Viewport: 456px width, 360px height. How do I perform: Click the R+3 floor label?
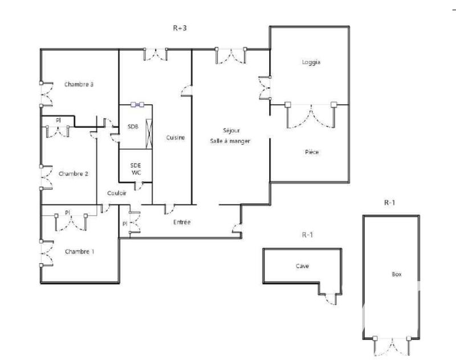coord(180,30)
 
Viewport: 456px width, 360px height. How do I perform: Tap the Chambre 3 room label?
coord(79,84)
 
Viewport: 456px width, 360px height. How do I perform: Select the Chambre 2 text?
coord(74,174)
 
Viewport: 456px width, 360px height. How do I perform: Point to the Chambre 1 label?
coord(79,251)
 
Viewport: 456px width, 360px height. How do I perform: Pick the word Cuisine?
coord(175,137)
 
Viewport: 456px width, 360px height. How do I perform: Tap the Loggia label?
coord(311,63)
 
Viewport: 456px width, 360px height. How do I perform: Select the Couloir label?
coord(116,193)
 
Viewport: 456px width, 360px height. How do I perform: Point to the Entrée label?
coord(182,222)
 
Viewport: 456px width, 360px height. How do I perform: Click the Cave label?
coord(302,266)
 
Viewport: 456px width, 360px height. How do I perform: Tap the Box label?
coord(397,275)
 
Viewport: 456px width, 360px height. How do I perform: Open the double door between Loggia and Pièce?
coord(311,114)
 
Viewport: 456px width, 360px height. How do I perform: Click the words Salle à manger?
coord(229,141)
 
